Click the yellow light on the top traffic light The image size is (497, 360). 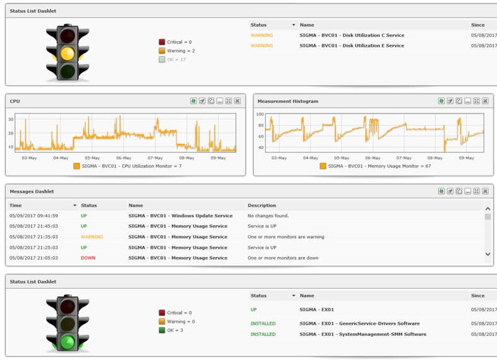(68, 53)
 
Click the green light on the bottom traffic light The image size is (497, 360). (68, 342)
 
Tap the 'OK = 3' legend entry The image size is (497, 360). (176, 330)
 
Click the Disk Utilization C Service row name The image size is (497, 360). (352, 35)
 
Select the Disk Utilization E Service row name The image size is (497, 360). (352, 45)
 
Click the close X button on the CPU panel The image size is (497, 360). (237, 101)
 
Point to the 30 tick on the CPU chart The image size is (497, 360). (11, 119)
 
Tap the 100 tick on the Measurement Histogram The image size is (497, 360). (260, 114)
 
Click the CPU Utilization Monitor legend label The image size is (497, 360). (131, 166)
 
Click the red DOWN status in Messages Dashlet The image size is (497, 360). (88, 258)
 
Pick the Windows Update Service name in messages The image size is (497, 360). (180, 216)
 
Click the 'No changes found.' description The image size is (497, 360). (268, 216)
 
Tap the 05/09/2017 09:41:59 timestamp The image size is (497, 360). (33, 216)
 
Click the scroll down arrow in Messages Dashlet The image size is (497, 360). (488, 255)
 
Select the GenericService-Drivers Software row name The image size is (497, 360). (359, 323)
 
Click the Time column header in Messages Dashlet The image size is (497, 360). (16, 205)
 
